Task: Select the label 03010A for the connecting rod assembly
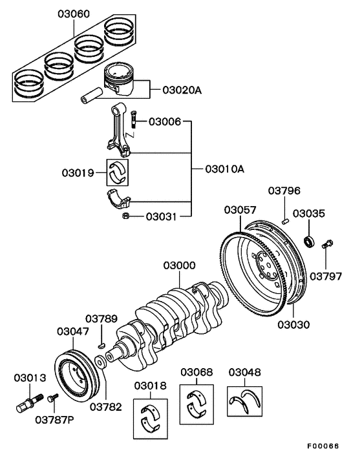click(x=224, y=170)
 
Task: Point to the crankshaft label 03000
click(x=178, y=266)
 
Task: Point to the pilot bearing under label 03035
click(x=310, y=242)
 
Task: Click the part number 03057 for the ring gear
click(x=240, y=210)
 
